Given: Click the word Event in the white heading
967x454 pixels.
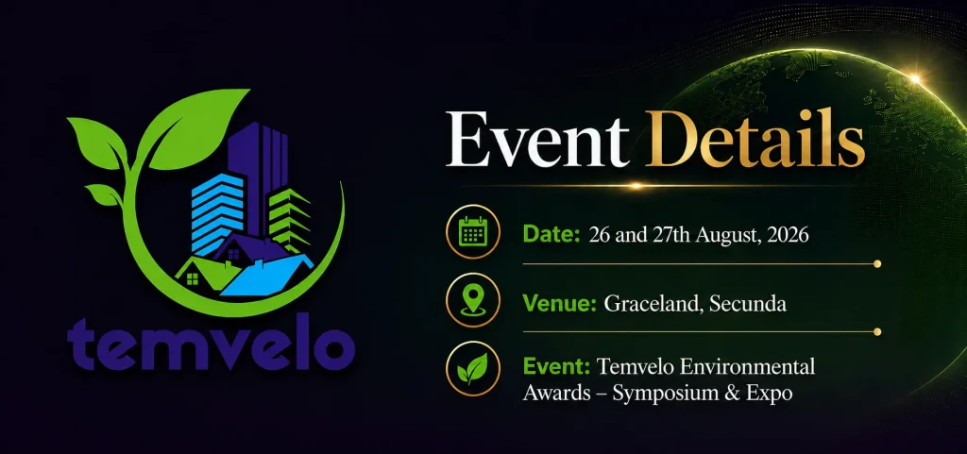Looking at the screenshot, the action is [x=537, y=141].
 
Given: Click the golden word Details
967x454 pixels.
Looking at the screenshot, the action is [x=755, y=141].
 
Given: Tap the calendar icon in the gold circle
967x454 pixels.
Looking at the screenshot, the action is [x=473, y=231].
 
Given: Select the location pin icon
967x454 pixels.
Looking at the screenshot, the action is [x=473, y=300].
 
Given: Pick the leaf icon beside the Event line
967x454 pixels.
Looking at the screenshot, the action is [x=472, y=369].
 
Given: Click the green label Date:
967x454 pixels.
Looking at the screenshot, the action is [x=551, y=235].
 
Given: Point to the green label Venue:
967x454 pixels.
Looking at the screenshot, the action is [x=559, y=303].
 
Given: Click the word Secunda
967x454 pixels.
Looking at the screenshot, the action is [x=748, y=303].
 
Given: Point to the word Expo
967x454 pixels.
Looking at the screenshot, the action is [x=769, y=394].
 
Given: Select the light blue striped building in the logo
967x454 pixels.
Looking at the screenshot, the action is [x=216, y=213].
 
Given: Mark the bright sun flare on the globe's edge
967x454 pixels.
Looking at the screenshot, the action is [x=915, y=79].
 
